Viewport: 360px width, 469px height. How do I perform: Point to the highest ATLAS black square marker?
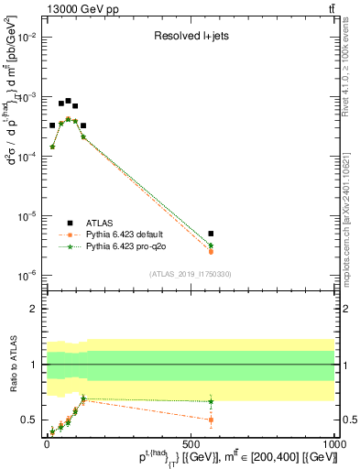click(68, 101)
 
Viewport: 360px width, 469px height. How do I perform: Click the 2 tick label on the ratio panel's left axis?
click(37, 309)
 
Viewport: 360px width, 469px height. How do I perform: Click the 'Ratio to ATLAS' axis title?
click(13, 365)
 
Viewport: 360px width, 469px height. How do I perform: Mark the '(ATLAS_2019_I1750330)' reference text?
click(191, 274)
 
